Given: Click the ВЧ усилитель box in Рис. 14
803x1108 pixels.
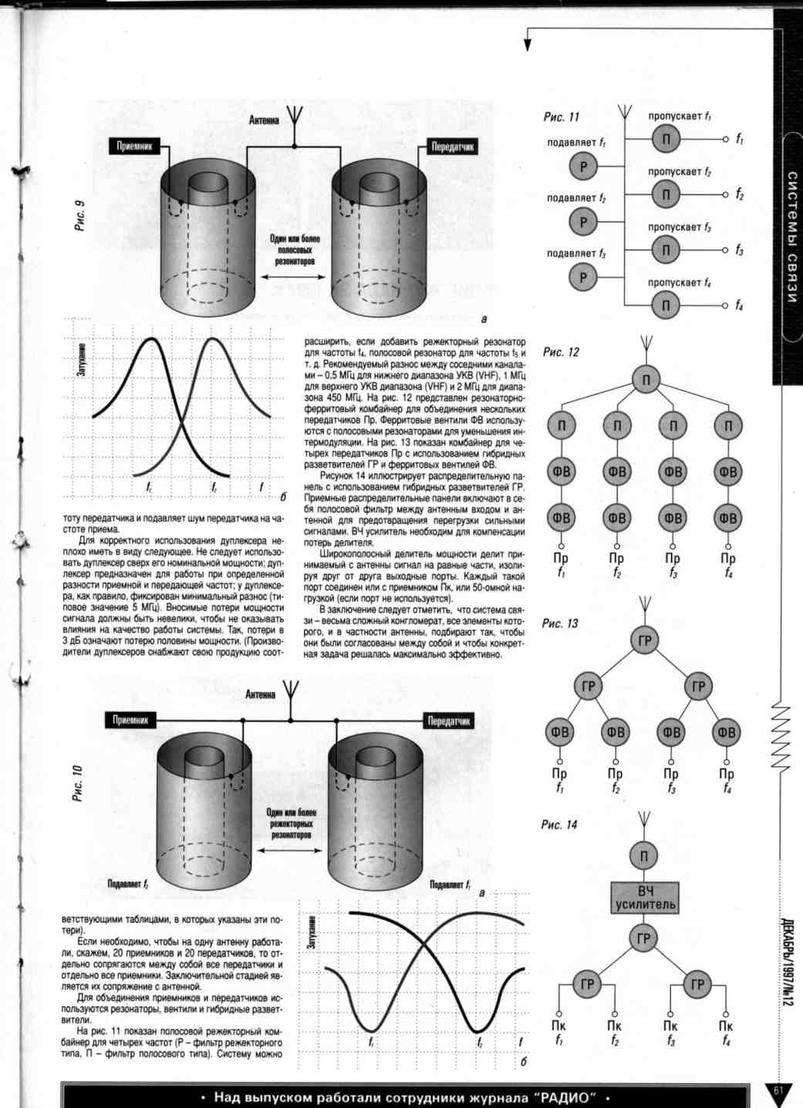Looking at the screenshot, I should click(645, 898).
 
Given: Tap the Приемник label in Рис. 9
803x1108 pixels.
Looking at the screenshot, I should click(134, 146).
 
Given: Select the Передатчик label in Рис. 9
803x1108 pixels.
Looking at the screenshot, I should click(452, 147).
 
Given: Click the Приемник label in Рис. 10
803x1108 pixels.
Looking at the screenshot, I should click(130, 720).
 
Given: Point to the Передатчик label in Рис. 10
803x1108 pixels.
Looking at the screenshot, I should click(449, 721).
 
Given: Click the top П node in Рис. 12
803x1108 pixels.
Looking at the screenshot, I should click(646, 379).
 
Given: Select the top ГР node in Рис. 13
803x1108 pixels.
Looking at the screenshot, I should click(644, 640).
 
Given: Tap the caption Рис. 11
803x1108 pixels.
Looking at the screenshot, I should click(561, 117).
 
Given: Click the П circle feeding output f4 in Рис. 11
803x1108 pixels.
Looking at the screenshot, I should click(666, 306).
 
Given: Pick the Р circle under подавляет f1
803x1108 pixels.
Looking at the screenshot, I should click(583, 166).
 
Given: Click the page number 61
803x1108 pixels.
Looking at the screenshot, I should click(778, 1090).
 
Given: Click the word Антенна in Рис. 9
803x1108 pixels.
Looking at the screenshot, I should click(264, 120).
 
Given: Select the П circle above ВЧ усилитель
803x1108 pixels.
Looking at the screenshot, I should click(644, 855).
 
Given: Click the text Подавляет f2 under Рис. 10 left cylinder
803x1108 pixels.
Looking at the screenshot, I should click(128, 884).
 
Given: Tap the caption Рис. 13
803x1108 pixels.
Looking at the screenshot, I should click(559, 623).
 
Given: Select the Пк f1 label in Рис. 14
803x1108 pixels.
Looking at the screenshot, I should click(559, 1032).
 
